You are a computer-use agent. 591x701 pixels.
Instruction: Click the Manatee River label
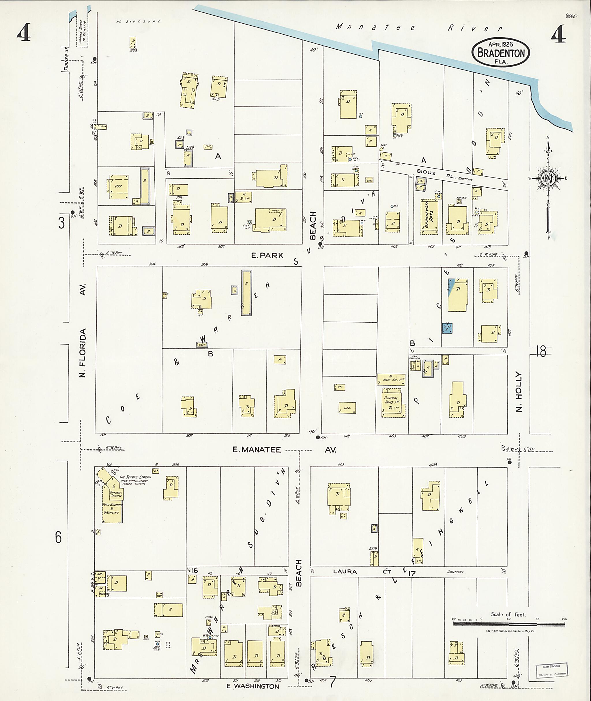(419, 28)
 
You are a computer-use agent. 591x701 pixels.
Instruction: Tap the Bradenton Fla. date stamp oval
(501, 53)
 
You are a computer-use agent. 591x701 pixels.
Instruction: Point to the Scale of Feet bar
(508, 624)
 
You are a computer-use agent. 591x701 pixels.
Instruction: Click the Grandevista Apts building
(429, 214)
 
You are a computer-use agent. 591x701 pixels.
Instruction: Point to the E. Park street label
(267, 256)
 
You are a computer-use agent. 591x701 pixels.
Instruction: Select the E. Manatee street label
(257, 450)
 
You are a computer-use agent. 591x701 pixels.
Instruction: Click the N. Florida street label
(83, 353)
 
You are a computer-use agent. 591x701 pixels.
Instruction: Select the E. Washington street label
(253, 686)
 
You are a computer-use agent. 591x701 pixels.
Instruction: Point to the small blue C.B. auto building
(447, 328)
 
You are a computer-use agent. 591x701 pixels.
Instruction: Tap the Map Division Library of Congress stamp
(551, 670)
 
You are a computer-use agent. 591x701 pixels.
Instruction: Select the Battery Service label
(116, 494)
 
